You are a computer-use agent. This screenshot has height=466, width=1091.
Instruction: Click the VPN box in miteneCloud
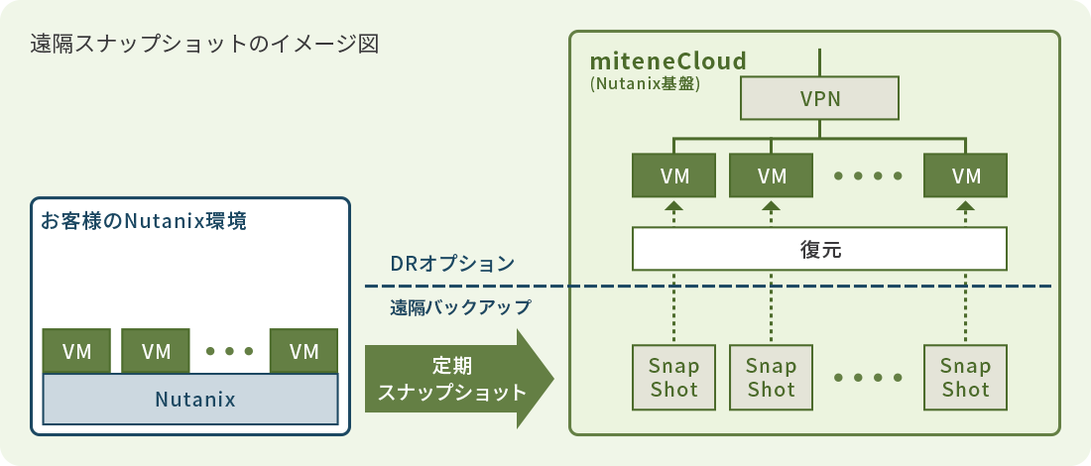click(819, 99)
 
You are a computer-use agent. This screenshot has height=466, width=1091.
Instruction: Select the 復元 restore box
click(819, 249)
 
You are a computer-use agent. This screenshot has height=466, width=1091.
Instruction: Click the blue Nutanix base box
click(194, 400)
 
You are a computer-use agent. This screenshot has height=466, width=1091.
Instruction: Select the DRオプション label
click(451, 264)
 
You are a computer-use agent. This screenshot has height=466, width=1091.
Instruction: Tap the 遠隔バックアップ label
click(460, 307)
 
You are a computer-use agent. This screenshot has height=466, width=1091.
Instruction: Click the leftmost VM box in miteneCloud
click(674, 176)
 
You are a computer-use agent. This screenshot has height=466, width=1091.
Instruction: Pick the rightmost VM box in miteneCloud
click(966, 176)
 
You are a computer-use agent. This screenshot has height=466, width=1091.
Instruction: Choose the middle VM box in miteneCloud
click(772, 176)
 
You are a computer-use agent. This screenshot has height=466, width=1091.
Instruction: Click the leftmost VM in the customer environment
click(77, 351)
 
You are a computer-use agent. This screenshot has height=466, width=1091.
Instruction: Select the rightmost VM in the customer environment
click(304, 351)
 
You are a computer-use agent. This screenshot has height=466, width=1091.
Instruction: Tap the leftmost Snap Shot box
click(674, 378)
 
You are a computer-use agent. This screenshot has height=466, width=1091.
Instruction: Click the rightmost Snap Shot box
click(966, 378)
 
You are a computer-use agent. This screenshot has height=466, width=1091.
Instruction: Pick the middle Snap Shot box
click(772, 378)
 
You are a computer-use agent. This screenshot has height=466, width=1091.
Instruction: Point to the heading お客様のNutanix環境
click(143, 221)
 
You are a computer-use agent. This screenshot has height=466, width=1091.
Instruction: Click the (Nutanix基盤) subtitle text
click(645, 84)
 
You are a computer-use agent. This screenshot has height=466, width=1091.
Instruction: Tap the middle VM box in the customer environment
click(156, 351)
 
